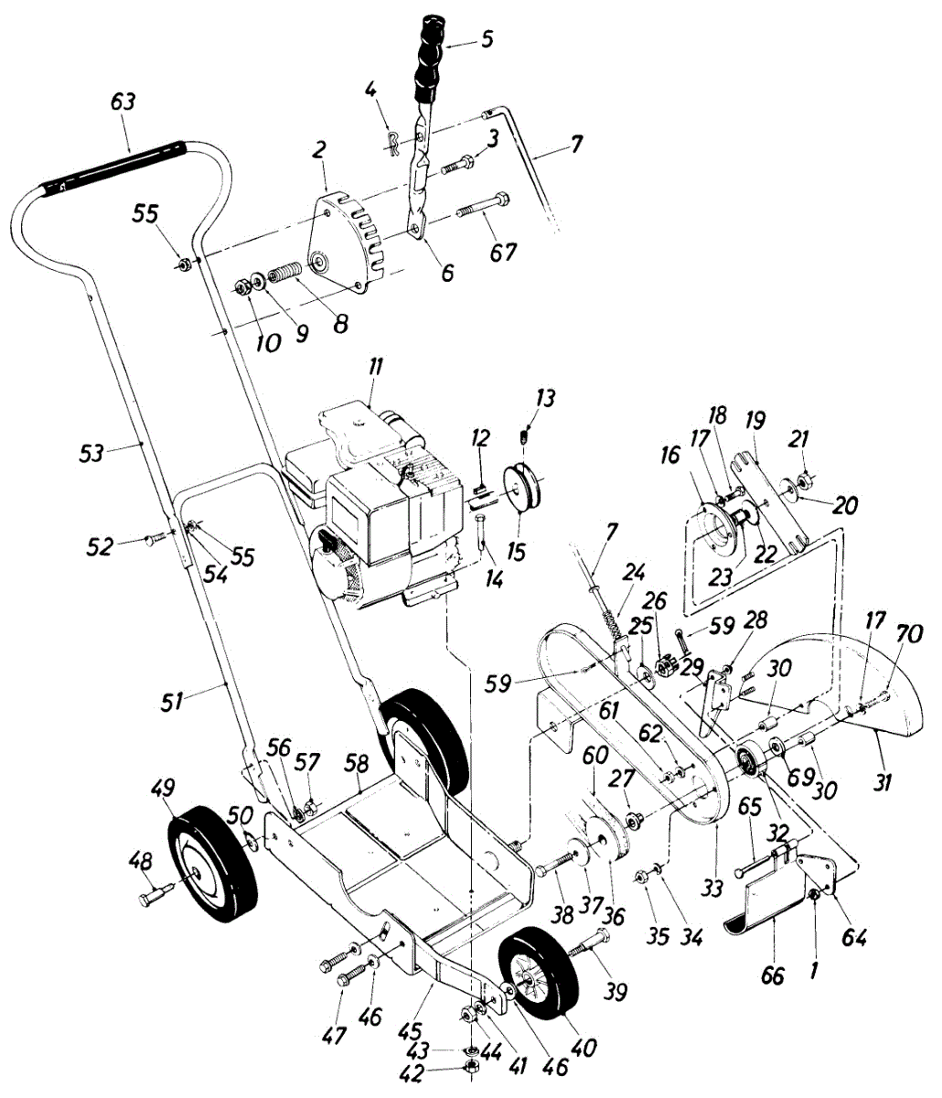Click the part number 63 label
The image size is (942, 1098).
[x=123, y=102]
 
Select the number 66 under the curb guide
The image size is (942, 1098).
[x=773, y=975]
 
